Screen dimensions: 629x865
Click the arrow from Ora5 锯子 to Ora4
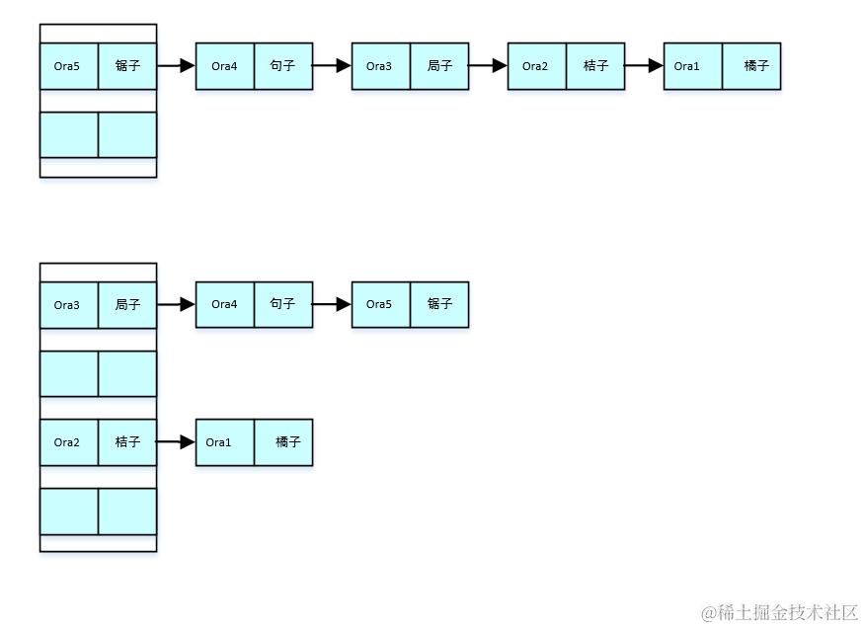click(176, 66)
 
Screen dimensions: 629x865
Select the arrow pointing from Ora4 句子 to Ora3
click(332, 66)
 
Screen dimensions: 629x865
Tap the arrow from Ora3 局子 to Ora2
click(488, 66)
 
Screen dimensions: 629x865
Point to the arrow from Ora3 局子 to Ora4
click(176, 305)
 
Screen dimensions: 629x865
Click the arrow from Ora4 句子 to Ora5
click(332, 305)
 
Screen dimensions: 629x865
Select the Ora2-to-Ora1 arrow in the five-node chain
click(644, 66)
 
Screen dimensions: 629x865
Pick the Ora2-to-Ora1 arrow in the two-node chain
click(176, 442)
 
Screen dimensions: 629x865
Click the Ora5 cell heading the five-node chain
click(68, 66)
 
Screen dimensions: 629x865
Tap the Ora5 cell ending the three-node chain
click(380, 305)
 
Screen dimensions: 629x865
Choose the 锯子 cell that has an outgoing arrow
click(127, 66)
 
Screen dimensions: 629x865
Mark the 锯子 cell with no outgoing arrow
click(439, 305)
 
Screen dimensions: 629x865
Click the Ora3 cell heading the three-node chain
click(68, 305)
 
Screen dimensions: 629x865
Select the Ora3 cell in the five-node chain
click(380, 66)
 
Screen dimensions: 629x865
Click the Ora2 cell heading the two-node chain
click(68, 442)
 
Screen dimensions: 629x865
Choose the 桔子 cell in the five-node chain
click(595, 66)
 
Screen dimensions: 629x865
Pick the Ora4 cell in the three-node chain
click(224, 305)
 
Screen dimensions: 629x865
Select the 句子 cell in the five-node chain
click(283, 66)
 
